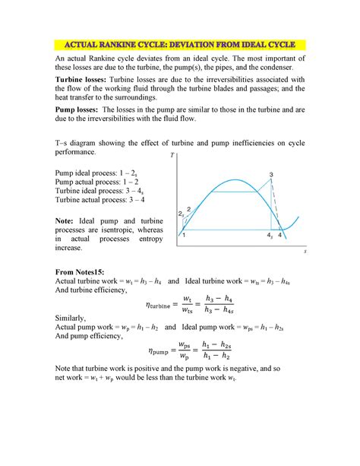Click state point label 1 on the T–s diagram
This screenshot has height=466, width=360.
click(185, 236)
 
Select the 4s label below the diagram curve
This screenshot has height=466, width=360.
click(270, 236)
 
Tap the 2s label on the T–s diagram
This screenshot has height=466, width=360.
click(181, 214)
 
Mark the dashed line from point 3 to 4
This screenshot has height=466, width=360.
click(278, 208)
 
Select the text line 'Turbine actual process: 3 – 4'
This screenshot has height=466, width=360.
click(100, 200)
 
